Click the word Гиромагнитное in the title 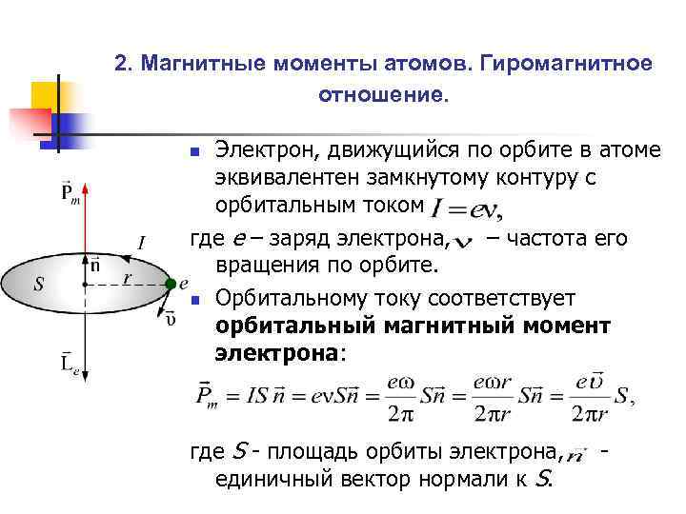[566, 64]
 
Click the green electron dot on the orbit [169, 283]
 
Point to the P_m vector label [70, 192]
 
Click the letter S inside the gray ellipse [38, 283]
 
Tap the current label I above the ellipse [141, 244]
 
